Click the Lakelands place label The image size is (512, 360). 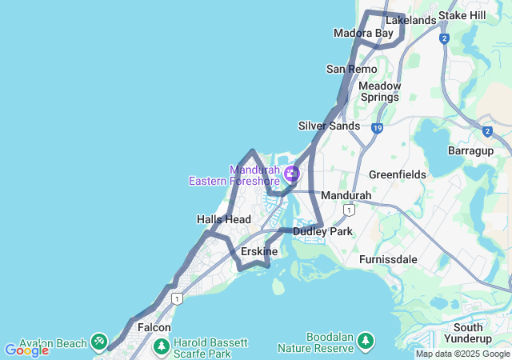(x=410, y=20)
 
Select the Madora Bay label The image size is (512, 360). (x=363, y=34)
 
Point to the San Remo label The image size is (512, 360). (x=351, y=70)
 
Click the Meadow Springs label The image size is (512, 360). (x=378, y=91)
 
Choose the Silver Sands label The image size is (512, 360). (x=329, y=126)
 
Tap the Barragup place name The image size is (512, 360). (x=470, y=150)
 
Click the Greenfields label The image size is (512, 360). (x=395, y=174)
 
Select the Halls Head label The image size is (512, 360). (x=224, y=219)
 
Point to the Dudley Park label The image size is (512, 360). (x=322, y=231)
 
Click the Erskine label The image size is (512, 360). (x=259, y=252)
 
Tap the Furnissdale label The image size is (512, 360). (x=389, y=259)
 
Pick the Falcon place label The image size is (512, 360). (x=154, y=327)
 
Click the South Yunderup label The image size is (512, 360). (x=468, y=333)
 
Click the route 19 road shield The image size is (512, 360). (x=377, y=127)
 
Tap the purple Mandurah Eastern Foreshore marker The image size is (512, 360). (x=292, y=173)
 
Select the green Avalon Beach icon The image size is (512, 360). (x=99, y=342)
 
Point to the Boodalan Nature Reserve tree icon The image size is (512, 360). (x=366, y=342)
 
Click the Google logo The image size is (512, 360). (x=26, y=350)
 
